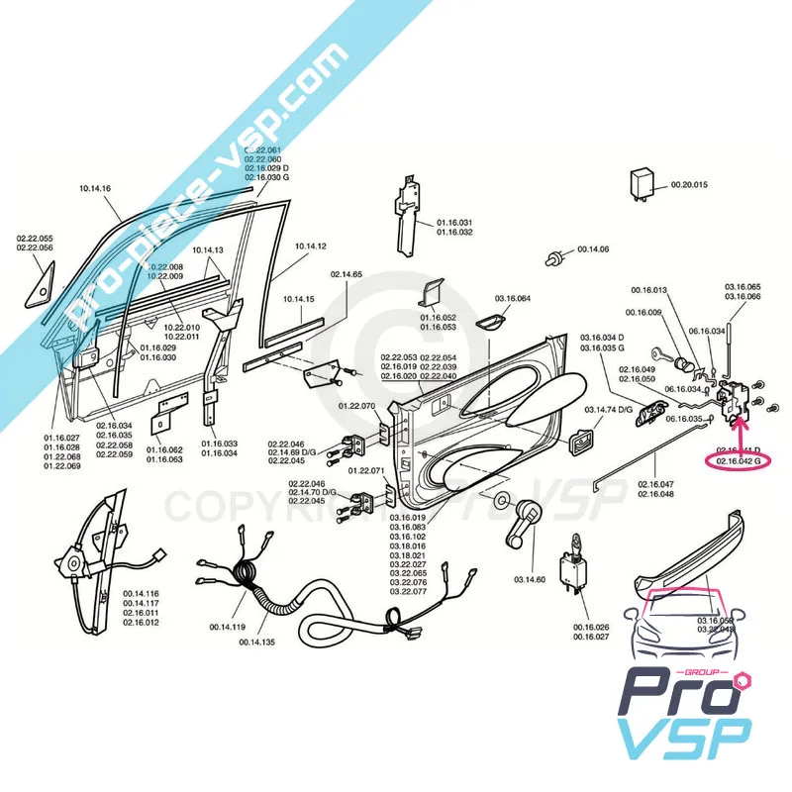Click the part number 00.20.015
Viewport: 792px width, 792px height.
[690, 185]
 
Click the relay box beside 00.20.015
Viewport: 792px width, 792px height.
[643, 183]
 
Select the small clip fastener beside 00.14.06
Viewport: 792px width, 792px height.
[550, 258]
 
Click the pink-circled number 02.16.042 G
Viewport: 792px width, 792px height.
[732, 460]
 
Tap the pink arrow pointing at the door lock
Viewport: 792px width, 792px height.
[742, 431]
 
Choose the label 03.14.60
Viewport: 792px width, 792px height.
[530, 579]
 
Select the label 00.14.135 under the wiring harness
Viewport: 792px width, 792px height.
[258, 642]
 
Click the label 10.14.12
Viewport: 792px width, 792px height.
[310, 246]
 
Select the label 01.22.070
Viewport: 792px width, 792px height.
[357, 406]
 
